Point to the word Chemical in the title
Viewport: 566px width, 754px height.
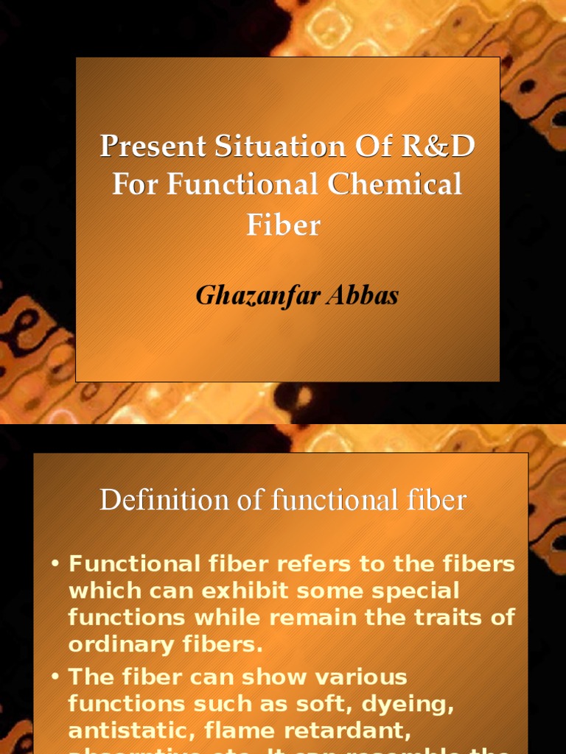tap(395, 184)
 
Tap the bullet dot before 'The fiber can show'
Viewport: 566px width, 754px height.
tap(55, 677)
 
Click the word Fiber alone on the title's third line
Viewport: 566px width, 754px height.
tap(283, 224)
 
